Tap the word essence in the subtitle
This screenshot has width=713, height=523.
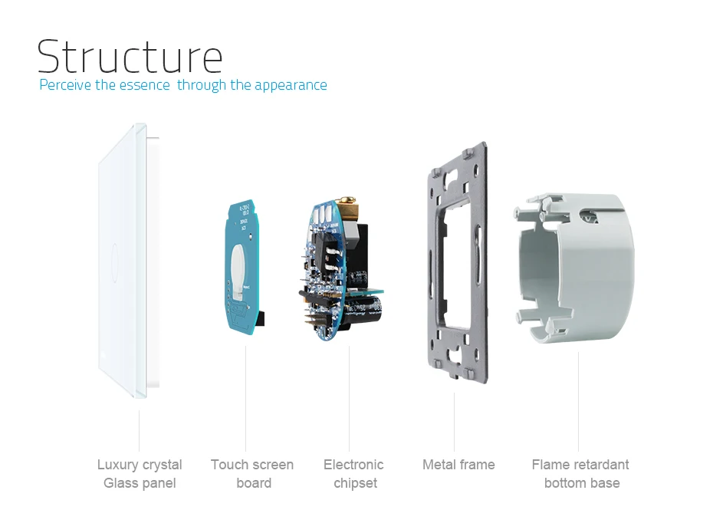pyautogui.click(x=144, y=85)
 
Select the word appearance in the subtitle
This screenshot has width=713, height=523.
pyautogui.click(x=291, y=85)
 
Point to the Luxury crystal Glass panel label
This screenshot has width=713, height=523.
pyautogui.click(x=140, y=473)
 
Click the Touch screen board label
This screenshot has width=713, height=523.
pyautogui.click(x=252, y=473)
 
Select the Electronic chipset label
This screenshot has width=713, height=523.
pyautogui.click(x=353, y=473)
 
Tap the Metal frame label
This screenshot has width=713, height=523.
pyautogui.click(x=458, y=465)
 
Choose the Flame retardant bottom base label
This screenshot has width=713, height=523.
pyautogui.click(x=580, y=473)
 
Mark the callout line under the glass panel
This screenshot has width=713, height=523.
pyautogui.click(x=139, y=429)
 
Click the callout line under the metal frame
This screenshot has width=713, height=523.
pyautogui.click(x=454, y=422)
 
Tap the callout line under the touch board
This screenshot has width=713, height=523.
pyautogui.click(x=246, y=398)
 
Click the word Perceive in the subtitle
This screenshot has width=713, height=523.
pyautogui.click(x=65, y=85)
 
